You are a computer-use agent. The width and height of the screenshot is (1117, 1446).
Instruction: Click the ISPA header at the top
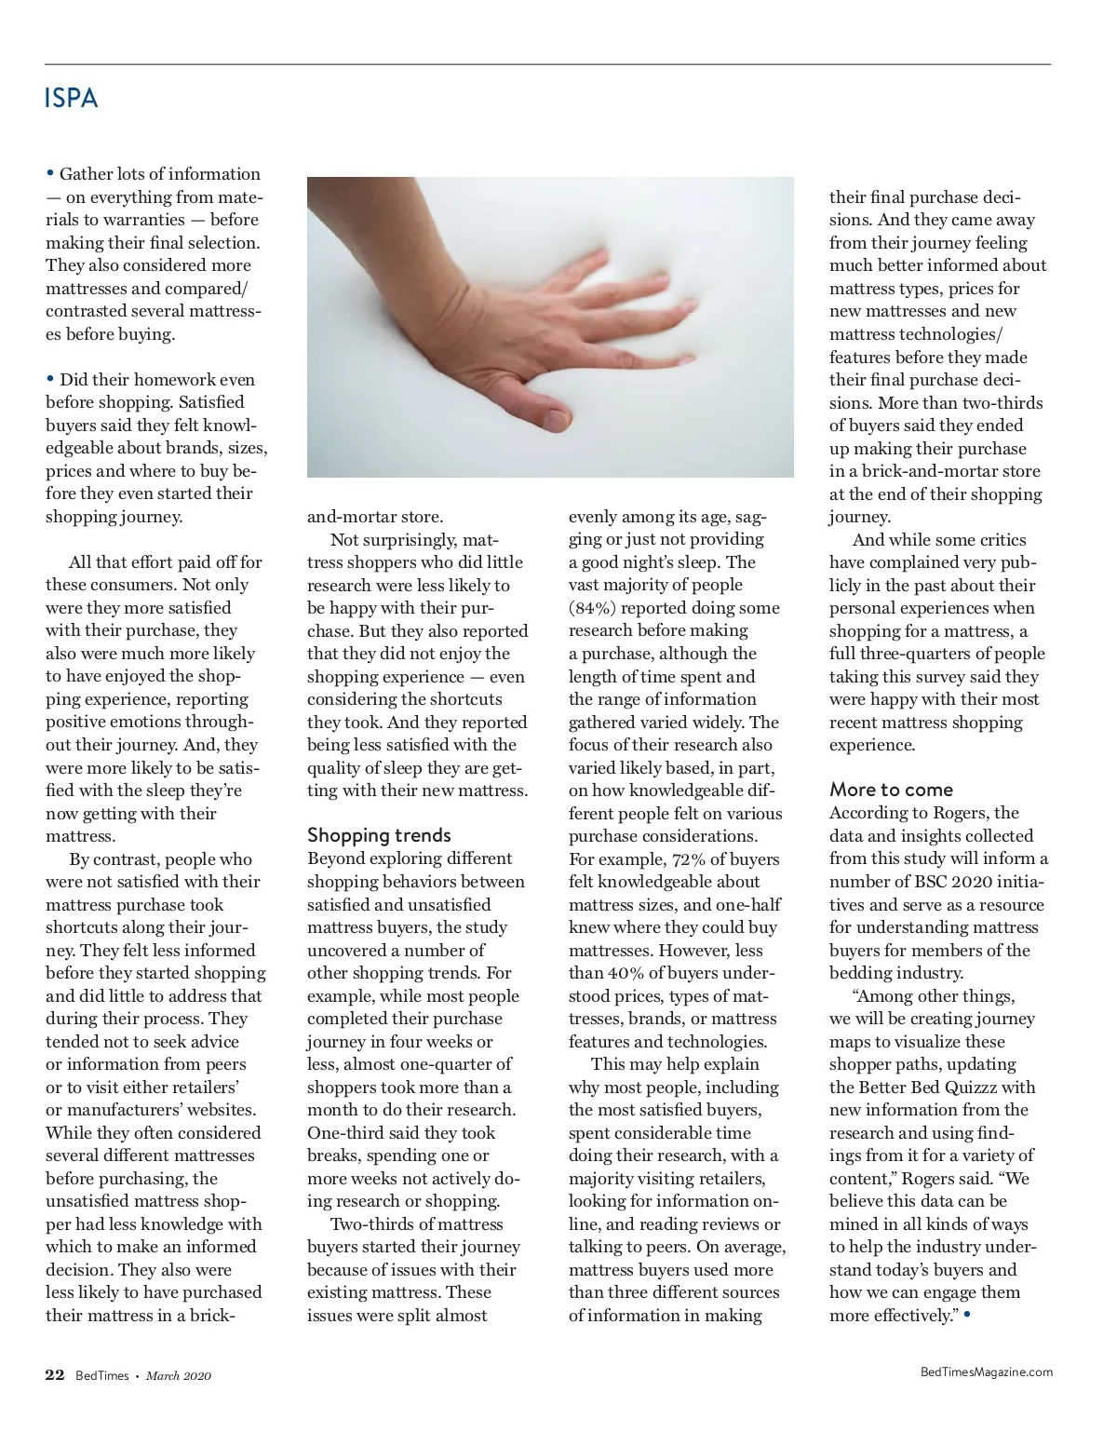point(71,99)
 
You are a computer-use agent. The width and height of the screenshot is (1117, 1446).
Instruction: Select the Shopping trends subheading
point(379,835)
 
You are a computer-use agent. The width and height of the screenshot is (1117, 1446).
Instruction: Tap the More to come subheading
point(891,790)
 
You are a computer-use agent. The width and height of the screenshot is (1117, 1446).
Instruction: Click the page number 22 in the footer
point(55,1375)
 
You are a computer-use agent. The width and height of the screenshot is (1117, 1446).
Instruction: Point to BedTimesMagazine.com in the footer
point(986,1372)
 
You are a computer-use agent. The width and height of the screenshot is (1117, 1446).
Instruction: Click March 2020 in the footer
point(179,1376)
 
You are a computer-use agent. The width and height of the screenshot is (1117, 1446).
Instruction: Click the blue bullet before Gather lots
point(50,173)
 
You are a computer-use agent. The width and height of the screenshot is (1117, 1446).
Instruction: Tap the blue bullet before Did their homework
point(50,379)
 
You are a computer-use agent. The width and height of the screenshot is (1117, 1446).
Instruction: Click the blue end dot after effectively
point(967,1314)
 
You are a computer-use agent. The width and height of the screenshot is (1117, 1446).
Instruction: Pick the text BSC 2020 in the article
point(935,882)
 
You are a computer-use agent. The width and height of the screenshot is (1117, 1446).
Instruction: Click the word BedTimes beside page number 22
point(101,1376)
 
